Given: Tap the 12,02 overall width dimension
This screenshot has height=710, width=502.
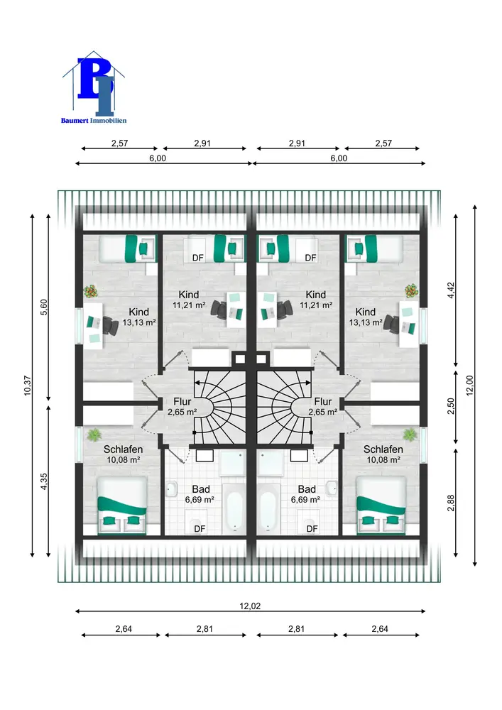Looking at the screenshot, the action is tap(250, 606).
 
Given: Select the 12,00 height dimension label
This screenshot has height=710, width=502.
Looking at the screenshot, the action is tap(479, 384).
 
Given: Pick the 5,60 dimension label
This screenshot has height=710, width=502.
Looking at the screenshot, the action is tap(43, 307).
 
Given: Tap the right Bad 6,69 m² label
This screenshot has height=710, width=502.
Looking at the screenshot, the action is tap(307, 494).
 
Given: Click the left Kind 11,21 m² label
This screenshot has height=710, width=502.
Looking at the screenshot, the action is tap(189, 300).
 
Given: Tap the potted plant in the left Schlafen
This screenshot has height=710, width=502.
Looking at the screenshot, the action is tap(92, 434).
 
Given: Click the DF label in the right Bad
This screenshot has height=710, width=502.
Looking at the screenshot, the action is tap(310, 528).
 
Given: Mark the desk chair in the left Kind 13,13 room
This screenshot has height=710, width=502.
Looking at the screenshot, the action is tap(111, 325).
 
